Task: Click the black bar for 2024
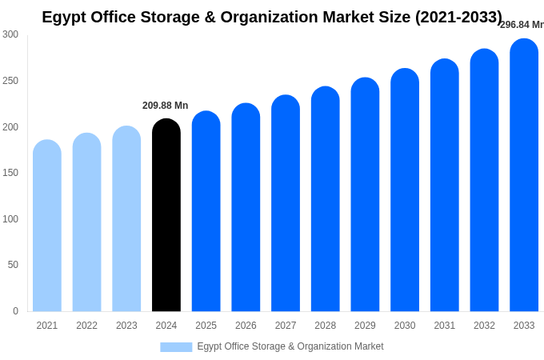166,216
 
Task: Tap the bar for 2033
524,176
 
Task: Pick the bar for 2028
326,200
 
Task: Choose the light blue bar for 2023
126,219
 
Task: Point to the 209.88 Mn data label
166,106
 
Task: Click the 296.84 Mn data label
521,25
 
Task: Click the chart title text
272,17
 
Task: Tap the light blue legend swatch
176,346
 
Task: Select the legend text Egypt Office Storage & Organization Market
290,346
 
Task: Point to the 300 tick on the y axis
10,34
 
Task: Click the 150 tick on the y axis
10,173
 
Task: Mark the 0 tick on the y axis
15,311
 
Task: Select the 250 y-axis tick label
10,81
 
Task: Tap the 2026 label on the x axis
246,326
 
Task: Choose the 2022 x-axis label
86,326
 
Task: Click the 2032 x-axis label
484,326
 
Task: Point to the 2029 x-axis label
365,326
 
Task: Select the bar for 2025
206,212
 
